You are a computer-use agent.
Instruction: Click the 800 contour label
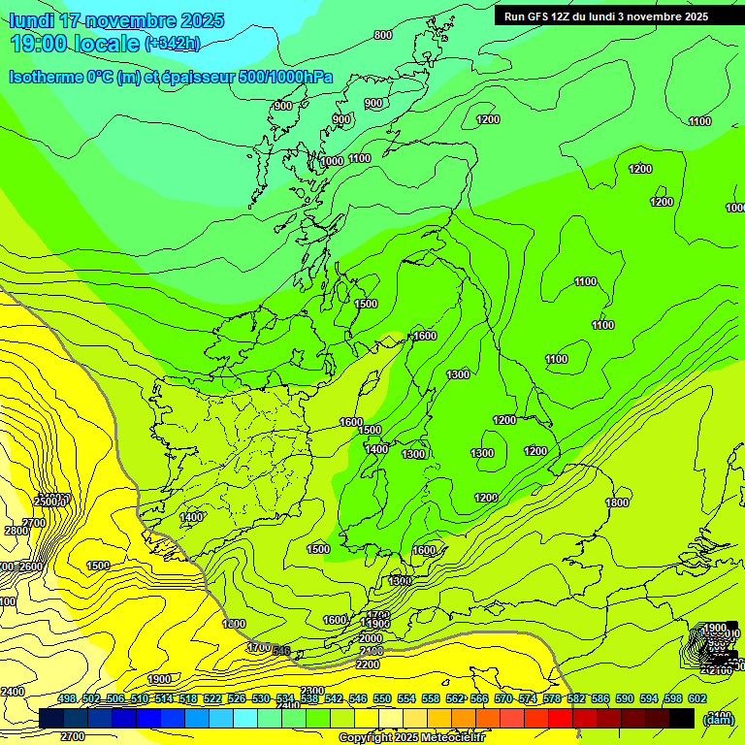[x=383, y=35]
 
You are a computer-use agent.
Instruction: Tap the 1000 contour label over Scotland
[x=332, y=161]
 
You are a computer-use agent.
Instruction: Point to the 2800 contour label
[x=16, y=531]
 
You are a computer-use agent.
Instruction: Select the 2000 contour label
[x=371, y=638]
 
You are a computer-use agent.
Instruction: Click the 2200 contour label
[x=368, y=664]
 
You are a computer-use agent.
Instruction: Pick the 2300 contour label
[x=312, y=691]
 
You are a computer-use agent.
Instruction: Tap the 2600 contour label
[x=31, y=567]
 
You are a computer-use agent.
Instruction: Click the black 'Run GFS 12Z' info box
[x=606, y=16]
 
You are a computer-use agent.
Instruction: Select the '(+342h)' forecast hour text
[x=172, y=44]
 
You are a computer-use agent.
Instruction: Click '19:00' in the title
[x=43, y=44]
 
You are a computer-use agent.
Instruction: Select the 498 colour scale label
[x=67, y=698]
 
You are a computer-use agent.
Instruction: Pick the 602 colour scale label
[x=697, y=698]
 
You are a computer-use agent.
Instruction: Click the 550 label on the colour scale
[x=382, y=698]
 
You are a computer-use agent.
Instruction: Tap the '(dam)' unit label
[x=718, y=720]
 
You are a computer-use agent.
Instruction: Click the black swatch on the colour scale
[x=681, y=718]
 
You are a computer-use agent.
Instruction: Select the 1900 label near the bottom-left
[x=160, y=679]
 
